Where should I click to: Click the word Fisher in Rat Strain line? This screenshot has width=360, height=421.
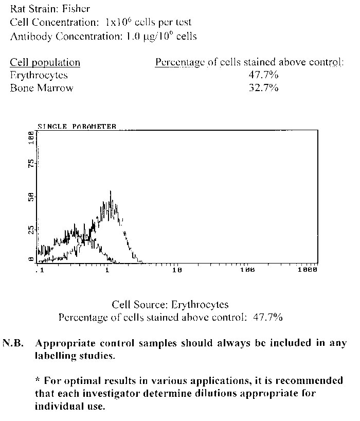click(x=76, y=9)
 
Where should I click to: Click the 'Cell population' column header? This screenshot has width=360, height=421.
click(x=45, y=63)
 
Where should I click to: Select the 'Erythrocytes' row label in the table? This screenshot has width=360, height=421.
click(x=39, y=75)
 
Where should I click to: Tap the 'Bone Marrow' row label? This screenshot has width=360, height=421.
click(x=42, y=88)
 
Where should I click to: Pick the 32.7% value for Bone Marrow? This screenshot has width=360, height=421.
click(x=263, y=88)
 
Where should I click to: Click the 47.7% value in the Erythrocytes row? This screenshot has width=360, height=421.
click(x=263, y=75)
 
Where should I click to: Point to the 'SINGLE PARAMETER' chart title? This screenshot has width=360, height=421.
click(x=77, y=126)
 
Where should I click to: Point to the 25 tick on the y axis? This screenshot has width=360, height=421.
click(x=31, y=229)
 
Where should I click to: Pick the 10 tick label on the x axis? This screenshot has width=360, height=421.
click(x=177, y=270)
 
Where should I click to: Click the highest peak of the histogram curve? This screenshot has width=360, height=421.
click(x=111, y=191)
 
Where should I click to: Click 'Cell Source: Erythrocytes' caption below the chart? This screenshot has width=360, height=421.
click(x=170, y=305)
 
